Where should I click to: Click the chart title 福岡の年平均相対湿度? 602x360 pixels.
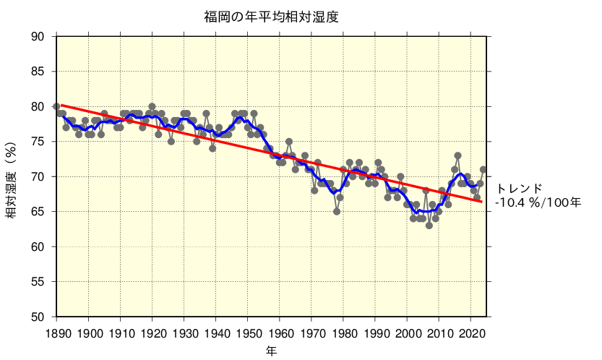click(271, 17)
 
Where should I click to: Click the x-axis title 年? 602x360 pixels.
click(271, 350)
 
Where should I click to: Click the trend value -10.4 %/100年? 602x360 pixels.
click(538, 202)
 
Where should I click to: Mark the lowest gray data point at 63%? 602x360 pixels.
click(429, 226)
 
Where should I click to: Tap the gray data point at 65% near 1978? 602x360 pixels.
click(337, 212)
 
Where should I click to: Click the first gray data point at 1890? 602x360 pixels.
click(56, 106)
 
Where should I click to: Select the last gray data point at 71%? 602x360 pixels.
click(483, 170)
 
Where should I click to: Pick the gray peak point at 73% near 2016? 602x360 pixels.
click(457, 155)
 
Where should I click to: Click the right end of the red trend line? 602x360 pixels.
click(483, 201)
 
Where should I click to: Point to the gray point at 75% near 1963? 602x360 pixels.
click(289, 142)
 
